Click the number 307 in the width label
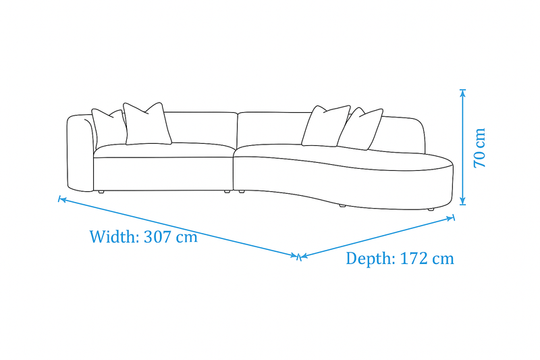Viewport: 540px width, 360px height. pyautogui.click(x=157, y=236)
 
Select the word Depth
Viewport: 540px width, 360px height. pyautogui.click(x=371, y=259)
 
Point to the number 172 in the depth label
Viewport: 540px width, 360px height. pyautogui.click(x=414, y=259)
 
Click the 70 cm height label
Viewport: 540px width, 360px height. pyautogui.click(x=479, y=148)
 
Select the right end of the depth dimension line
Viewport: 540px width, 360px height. pyautogui.click(x=453, y=217)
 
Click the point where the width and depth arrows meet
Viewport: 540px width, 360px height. pyautogui.click(x=299, y=257)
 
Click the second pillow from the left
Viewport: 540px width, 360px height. pyautogui.click(x=147, y=124)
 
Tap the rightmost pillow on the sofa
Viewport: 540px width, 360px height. pyautogui.click(x=360, y=128)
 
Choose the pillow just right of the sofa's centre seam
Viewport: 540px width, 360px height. pyautogui.click(x=326, y=126)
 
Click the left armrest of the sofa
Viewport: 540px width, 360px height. pyautogui.click(x=80, y=153)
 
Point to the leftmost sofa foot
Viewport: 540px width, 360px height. pyautogui.click(x=101, y=192)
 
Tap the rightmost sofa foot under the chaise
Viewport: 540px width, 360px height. pyautogui.click(x=430, y=209)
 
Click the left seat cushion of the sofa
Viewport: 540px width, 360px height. pyautogui.click(x=164, y=150)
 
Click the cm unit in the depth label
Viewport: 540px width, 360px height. pyautogui.click(x=443, y=259)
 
